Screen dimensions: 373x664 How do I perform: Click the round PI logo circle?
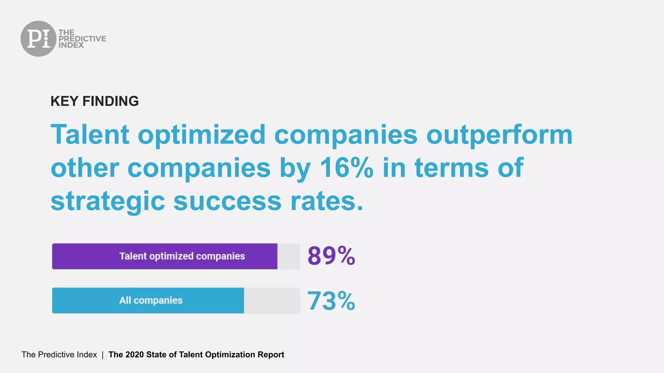pyautogui.click(x=38, y=39)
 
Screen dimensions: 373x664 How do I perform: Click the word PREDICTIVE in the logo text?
pyautogui.click(x=82, y=39)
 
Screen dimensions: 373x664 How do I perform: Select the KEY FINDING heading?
pyautogui.click(x=94, y=101)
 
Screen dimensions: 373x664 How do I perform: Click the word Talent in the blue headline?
pyautogui.click(x=90, y=135)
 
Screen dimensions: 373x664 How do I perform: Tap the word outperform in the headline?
pyautogui.click(x=499, y=135)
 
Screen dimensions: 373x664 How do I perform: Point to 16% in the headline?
pyautogui.click(x=346, y=168)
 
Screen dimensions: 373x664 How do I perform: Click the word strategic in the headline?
pyautogui.click(x=108, y=201)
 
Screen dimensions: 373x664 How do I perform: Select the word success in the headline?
pyautogui.click(x=227, y=201)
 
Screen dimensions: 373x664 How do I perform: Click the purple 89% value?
pyautogui.click(x=331, y=256)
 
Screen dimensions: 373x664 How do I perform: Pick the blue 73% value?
pyautogui.click(x=331, y=301)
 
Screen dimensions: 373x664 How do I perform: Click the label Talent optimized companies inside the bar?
pyautogui.click(x=182, y=256)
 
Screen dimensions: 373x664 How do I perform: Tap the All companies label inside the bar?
pyautogui.click(x=151, y=300)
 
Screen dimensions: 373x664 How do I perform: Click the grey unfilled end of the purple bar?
pyautogui.click(x=289, y=256)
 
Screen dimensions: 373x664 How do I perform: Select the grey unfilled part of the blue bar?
pyautogui.click(x=272, y=300)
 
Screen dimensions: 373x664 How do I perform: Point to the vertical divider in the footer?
pyautogui.click(x=102, y=355)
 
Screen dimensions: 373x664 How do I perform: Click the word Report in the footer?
pyautogui.click(x=271, y=355)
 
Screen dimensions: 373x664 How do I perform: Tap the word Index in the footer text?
pyautogui.click(x=87, y=355)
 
